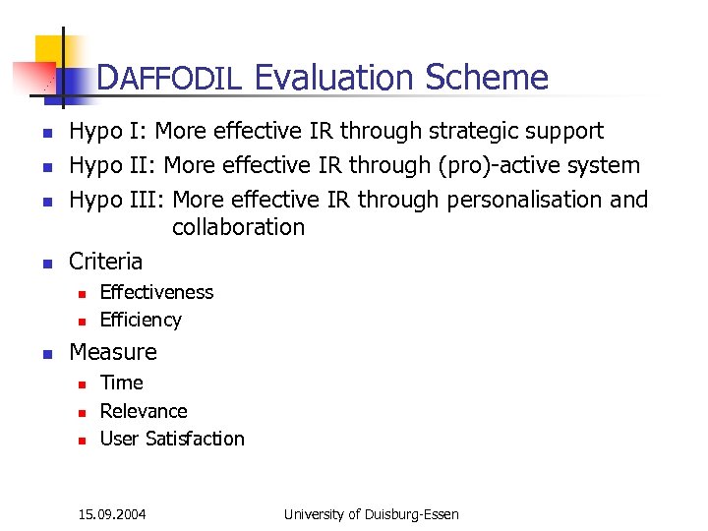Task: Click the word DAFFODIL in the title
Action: pos(169,78)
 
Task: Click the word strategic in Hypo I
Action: pos(481,131)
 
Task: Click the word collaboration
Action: pos(238,227)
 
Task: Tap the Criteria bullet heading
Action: pos(105,262)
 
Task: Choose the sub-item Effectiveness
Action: pos(156,292)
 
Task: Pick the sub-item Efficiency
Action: pos(141,320)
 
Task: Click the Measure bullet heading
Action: pos(112,352)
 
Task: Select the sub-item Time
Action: pos(121,383)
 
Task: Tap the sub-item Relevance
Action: pos(144,411)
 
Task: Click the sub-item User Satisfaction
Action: pos(172,439)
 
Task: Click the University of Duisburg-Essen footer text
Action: pos(371,513)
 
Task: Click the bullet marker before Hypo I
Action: pos(44,132)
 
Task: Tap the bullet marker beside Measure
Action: pos(44,353)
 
